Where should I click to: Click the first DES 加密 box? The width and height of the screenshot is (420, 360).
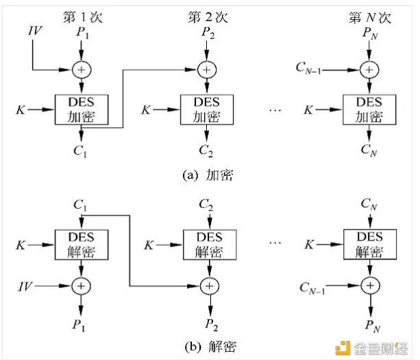(x=82, y=109)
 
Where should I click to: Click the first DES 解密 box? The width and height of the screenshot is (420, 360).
(x=82, y=245)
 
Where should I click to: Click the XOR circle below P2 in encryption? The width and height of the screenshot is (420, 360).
(x=205, y=68)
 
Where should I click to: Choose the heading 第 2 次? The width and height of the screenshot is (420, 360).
(x=205, y=14)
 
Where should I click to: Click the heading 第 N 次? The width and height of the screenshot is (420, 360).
(x=369, y=14)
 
